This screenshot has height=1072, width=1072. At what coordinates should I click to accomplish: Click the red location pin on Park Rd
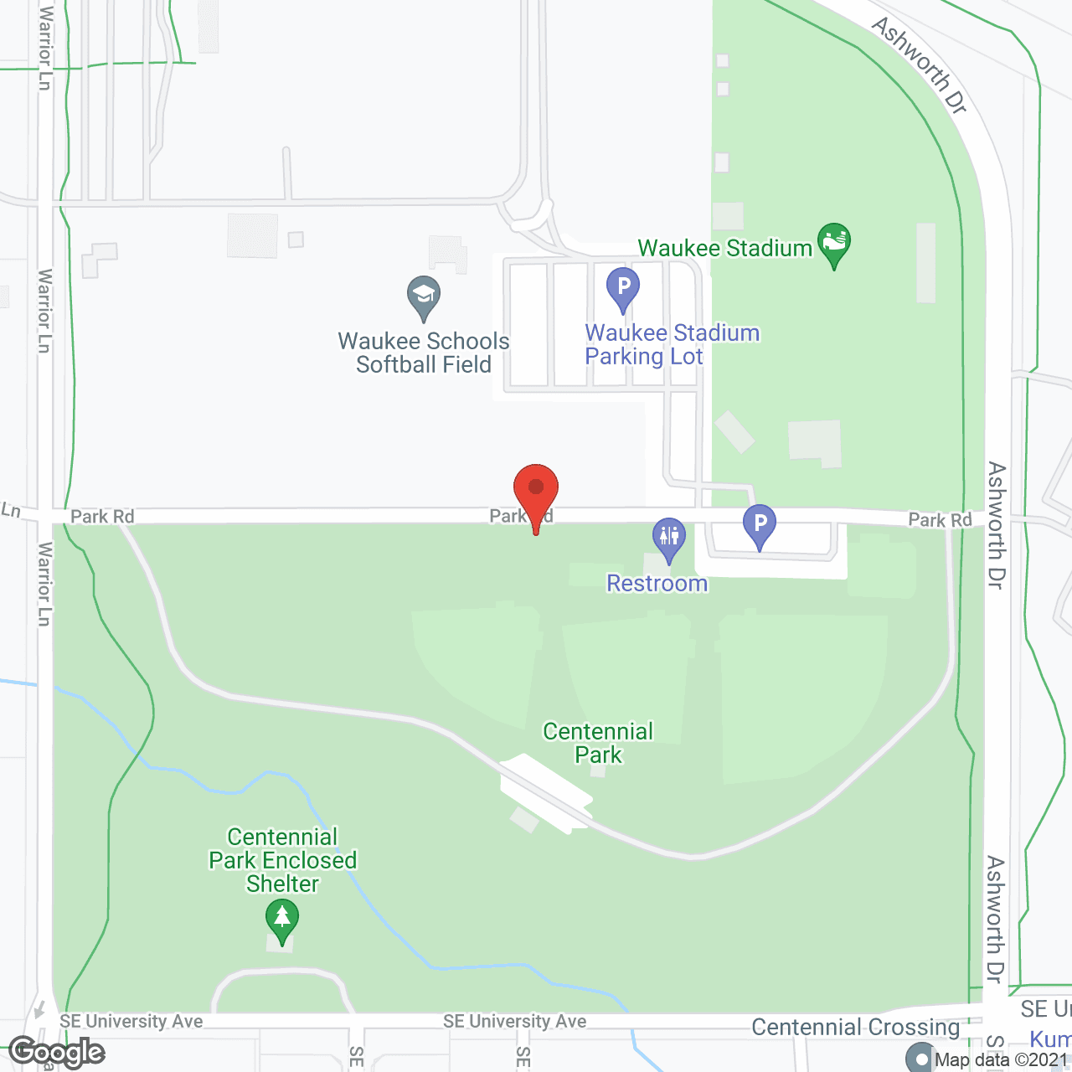[x=536, y=490]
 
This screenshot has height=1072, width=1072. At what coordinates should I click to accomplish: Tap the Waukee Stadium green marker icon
[x=834, y=243]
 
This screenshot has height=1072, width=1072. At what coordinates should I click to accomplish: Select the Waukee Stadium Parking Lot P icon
[x=623, y=287]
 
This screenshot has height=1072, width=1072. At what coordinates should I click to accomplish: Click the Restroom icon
[x=669, y=537]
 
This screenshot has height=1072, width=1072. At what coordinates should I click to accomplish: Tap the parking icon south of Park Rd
[x=760, y=525]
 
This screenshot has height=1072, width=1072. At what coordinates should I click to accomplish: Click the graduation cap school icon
[x=424, y=296]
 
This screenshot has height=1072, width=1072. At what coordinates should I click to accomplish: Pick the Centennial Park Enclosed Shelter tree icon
[x=282, y=918]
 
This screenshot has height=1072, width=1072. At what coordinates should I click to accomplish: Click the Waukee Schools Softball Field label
[x=424, y=353]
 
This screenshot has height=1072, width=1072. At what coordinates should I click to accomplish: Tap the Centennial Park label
[x=598, y=743]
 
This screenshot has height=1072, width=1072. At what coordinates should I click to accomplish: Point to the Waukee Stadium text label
[x=725, y=249]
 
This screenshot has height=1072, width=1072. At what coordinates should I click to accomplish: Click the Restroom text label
[x=657, y=584]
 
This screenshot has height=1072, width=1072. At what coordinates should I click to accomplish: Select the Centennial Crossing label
[x=855, y=1028]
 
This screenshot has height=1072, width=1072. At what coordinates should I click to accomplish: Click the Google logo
[x=57, y=1052]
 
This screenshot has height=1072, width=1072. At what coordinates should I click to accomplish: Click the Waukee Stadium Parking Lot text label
[x=672, y=344]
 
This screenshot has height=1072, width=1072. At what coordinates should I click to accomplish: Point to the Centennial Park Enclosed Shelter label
[x=283, y=860]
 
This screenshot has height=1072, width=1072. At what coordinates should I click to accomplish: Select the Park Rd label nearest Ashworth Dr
[x=940, y=520]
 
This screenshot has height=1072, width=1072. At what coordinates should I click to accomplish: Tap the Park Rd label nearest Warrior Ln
[x=102, y=517]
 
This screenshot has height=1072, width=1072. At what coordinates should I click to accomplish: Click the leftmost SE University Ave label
[x=131, y=1021]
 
